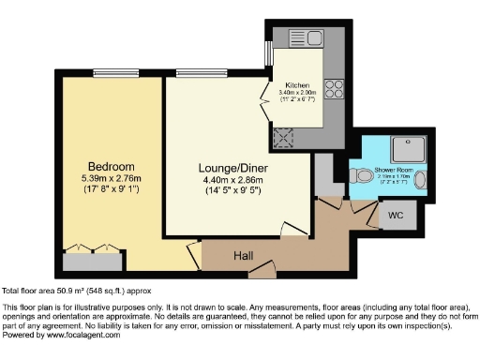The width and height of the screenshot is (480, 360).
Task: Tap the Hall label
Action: pos(244,254)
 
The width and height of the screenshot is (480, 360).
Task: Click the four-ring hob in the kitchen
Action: pos(334,88)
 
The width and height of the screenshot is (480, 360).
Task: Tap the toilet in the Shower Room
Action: pos(363,173)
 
